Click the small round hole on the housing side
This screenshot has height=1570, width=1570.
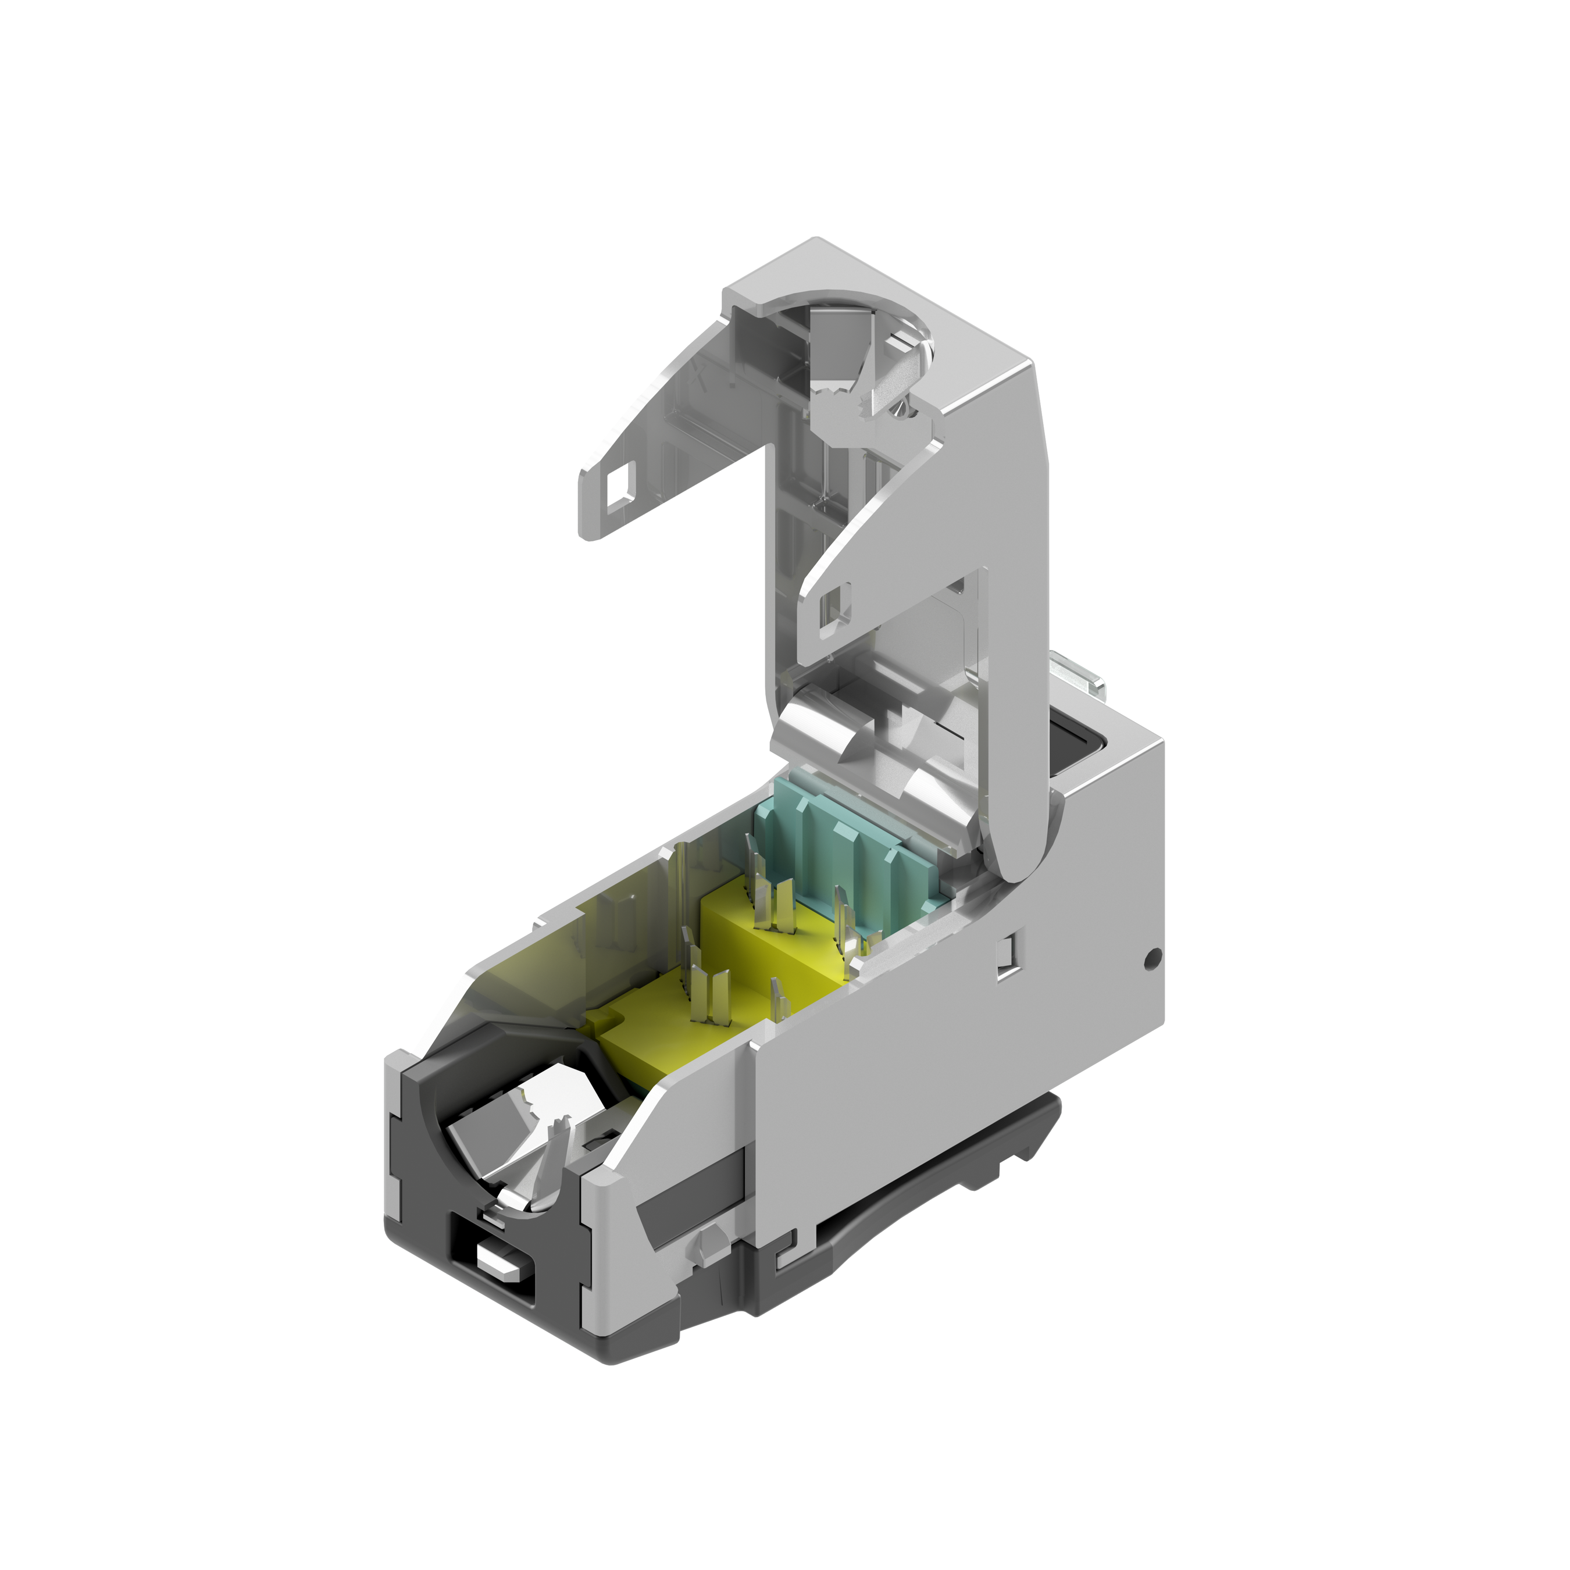coord(1151,959)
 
